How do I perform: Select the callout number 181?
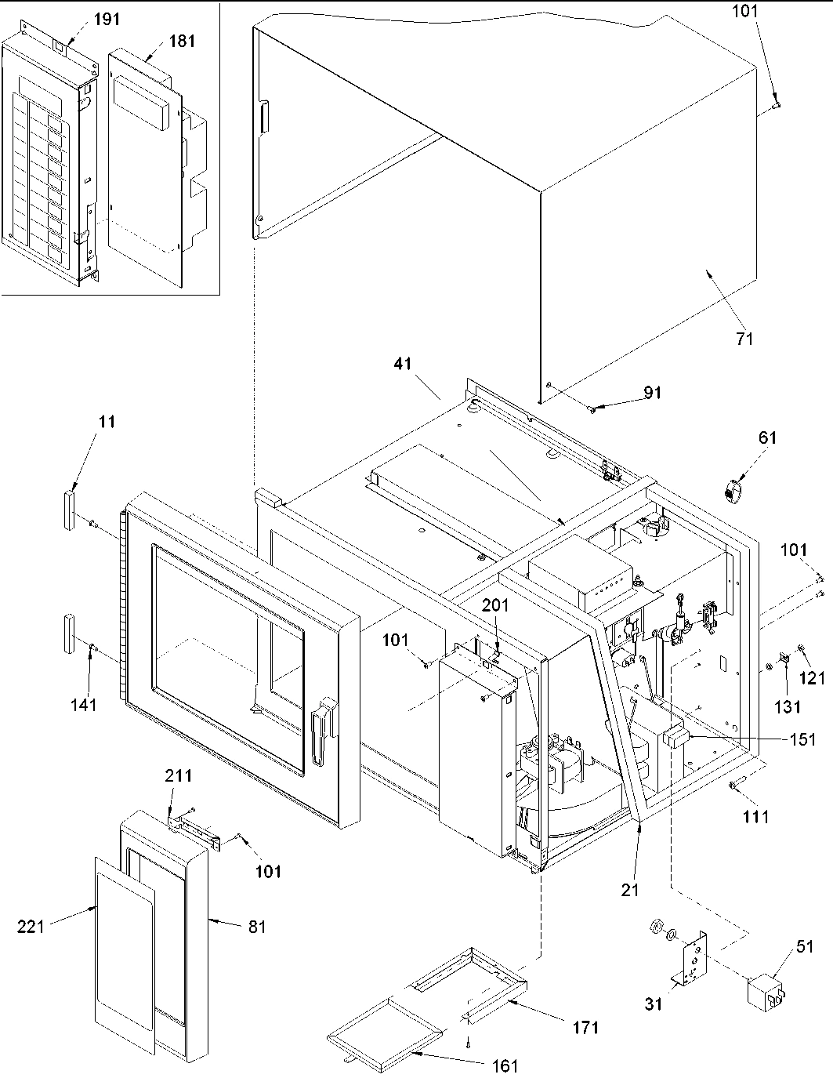[182, 42]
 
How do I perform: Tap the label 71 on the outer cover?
[744, 339]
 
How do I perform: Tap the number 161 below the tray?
[506, 1065]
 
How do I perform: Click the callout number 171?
[585, 1026]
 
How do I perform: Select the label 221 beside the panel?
[31, 927]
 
